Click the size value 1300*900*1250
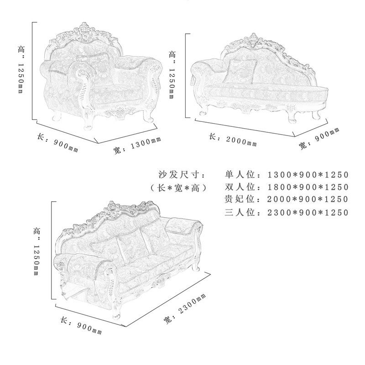tap(308, 175)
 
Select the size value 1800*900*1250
tap(308, 187)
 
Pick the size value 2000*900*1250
tap(308, 199)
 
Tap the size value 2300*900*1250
tap(308, 212)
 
